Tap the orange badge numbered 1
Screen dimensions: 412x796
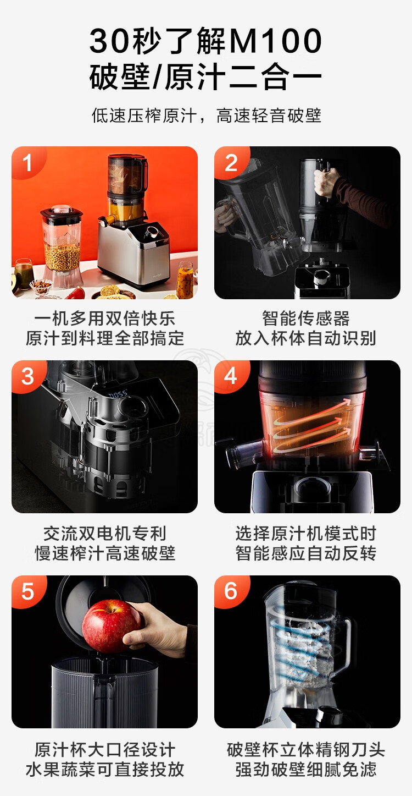click(x=27, y=162)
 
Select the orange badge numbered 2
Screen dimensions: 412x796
click(x=231, y=162)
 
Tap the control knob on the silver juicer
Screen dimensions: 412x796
click(x=153, y=233)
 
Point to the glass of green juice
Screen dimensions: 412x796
click(x=24, y=273)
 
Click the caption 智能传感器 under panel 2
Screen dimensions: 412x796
click(x=306, y=318)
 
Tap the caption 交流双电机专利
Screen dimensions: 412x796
click(x=105, y=534)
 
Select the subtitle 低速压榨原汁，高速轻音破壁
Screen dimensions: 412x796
click(x=206, y=116)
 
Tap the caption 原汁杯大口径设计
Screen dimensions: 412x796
click(x=105, y=749)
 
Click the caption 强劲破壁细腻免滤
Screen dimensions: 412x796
click(x=306, y=770)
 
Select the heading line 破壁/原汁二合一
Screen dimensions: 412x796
click(x=205, y=77)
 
